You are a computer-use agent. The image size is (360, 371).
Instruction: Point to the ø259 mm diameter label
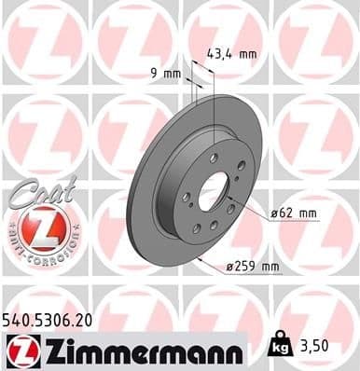[x=253, y=268]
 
